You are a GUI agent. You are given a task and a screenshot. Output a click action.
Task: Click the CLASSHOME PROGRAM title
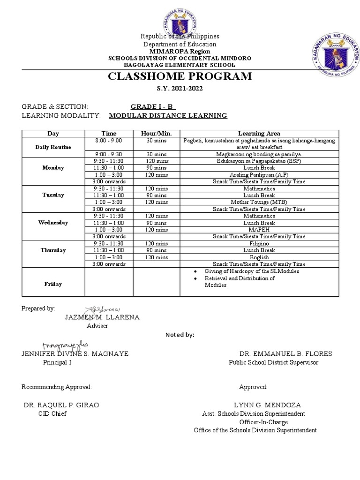[x=180, y=76]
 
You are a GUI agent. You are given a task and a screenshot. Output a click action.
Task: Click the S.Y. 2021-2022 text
[x=180, y=89]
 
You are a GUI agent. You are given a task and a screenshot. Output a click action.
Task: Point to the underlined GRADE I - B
[x=150, y=106]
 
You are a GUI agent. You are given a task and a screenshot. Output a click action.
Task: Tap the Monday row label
[x=53, y=168]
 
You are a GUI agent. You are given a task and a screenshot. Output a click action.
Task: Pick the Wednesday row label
[x=53, y=223]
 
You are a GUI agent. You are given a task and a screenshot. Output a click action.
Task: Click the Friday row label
[x=53, y=284]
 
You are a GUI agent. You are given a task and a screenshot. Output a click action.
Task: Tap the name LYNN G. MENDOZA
[x=268, y=405]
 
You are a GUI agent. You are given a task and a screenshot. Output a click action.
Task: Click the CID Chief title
[x=52, y=413]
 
